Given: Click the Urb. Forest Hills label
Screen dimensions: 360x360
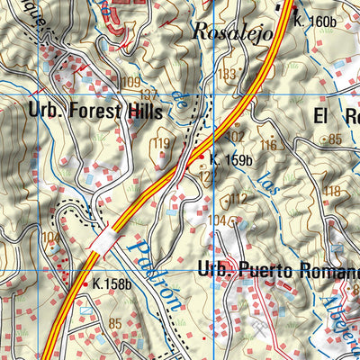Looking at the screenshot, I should click(95, 112).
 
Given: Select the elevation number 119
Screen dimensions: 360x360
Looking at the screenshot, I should click(162, 144).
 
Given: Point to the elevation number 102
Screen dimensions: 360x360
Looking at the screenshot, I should click(236, 137).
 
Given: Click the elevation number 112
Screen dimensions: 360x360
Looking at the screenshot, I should click(238, 199).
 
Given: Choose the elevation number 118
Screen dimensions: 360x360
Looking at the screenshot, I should click(332, 191).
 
